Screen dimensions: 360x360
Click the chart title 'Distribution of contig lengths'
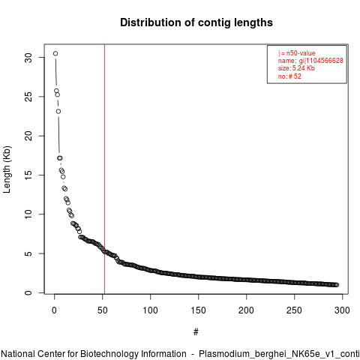(x=196, y=22)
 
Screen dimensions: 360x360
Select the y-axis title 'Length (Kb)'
(x=7, y=169)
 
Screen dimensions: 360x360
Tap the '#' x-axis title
(x=196, y=332)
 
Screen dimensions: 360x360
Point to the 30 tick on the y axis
(x=28, y=58)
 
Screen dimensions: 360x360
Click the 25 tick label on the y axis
(x=28, y=97)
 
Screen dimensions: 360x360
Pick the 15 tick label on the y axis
(x=28, y=175)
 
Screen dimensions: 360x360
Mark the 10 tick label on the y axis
(x=28, y=214)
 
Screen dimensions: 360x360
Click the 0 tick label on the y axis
(x=28, y=292)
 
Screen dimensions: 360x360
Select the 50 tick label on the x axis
(x=102, y=310)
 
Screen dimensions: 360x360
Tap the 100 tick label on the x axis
(x=150, y=310)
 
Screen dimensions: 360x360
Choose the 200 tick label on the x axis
(x=246, y=310)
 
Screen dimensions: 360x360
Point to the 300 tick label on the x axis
(x=342, y=310)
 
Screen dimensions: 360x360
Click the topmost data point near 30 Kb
(x=55, y=53)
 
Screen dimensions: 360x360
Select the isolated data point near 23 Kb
(x=58, y=111)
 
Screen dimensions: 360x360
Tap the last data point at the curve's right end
(x=337, y=285)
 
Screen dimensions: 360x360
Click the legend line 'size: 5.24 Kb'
(x=296, y=68)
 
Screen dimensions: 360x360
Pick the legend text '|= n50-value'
(x=297, y=53)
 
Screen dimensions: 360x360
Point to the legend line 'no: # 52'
(x=289, y=76)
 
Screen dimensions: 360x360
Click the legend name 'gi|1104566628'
(x=321, y=61)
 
